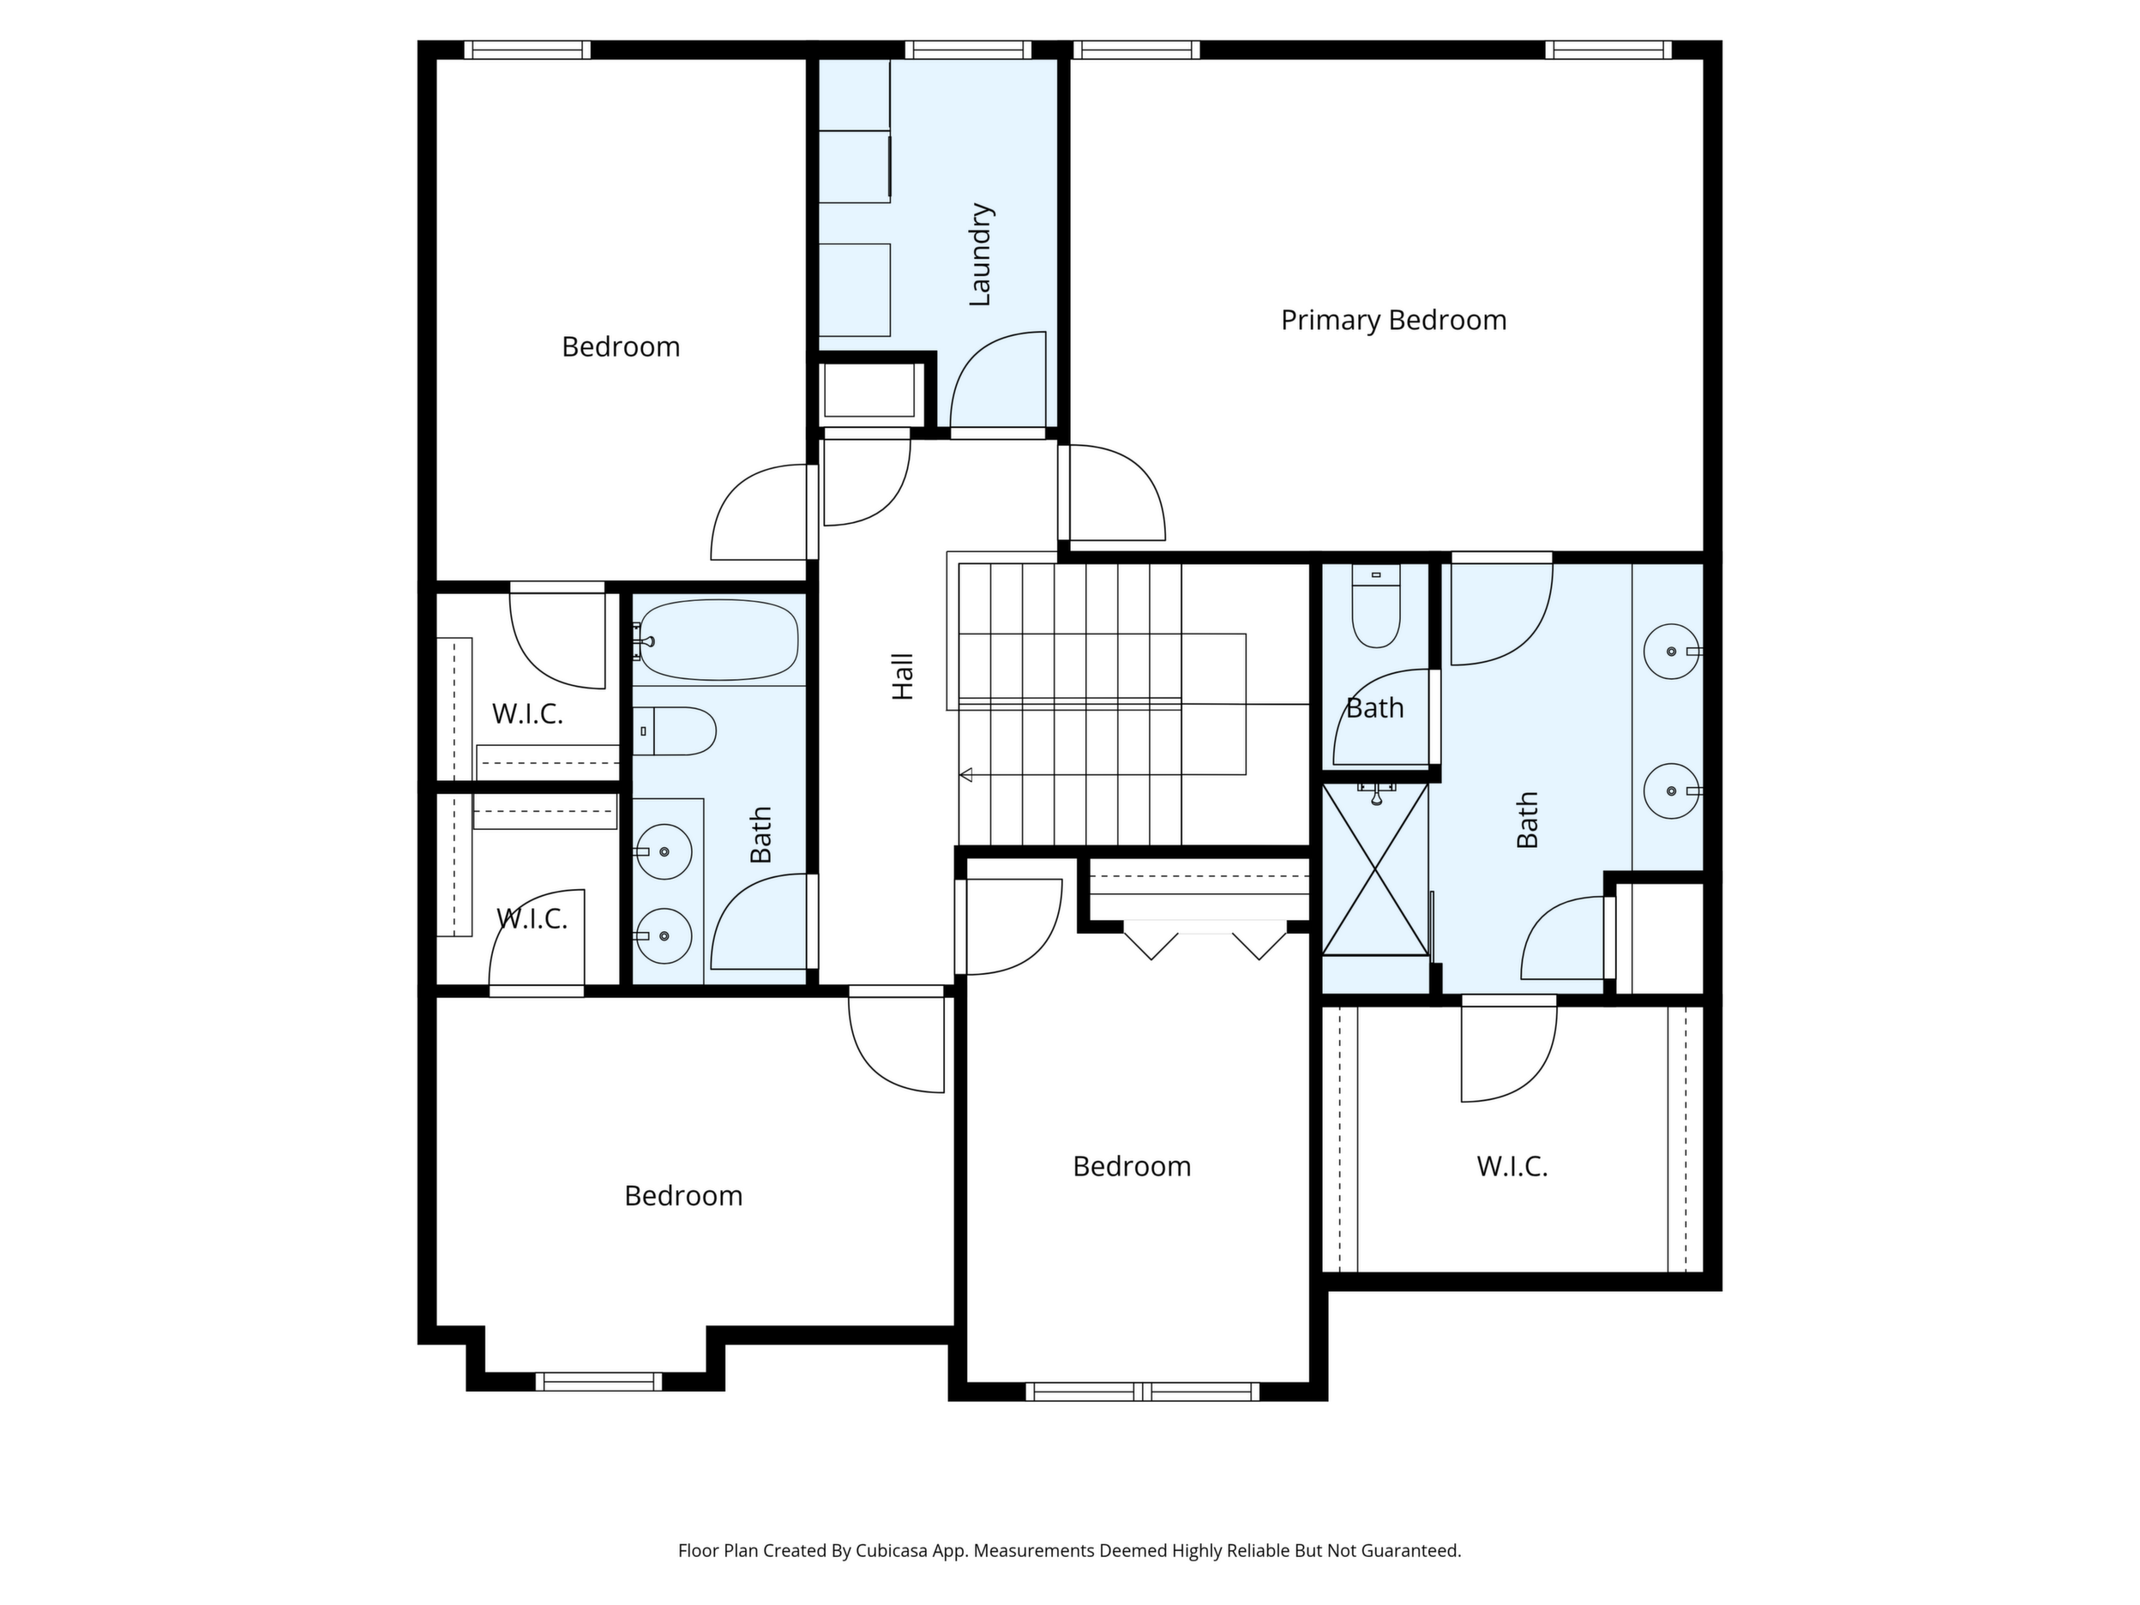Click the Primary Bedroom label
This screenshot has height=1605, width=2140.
(x=1393, y=320)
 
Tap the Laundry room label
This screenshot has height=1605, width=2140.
(x=980, y=255)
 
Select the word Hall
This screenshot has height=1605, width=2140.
(x=903, y=676)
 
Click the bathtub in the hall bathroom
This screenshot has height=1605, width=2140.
(x=718, y=640)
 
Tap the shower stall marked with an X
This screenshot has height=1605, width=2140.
(x=1374, y=869)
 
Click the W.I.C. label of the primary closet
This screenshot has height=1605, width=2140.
(x=1512, y=1167)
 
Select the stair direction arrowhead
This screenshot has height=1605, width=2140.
(x=965, y=774)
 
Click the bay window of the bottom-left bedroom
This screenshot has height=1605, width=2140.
(x=598, y=1380)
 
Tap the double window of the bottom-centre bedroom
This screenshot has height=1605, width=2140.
(x=1143, y=1392)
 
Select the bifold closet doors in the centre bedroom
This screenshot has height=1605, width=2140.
(x=1205, y=941)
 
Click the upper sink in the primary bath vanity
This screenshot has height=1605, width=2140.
(x=1672, y=651)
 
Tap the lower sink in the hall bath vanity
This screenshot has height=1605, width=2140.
(x=664, y=935)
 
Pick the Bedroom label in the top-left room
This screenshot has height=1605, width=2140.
(x=621, y=346)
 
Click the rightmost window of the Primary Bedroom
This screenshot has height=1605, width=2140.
(x=1608, y=50)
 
